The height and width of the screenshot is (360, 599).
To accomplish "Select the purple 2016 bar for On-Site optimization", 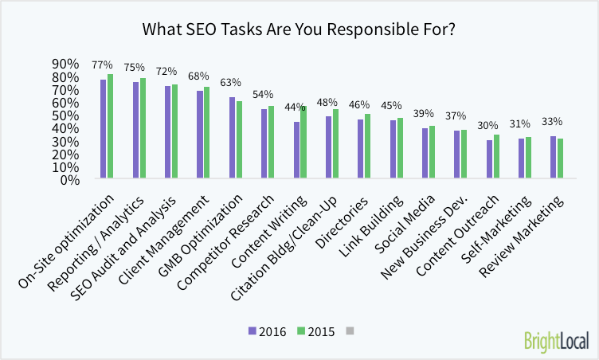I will (x=104, y=129).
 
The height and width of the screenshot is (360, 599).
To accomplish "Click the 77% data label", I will (x=102, y=65).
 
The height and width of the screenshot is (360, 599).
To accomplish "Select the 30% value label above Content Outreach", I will (x=487, y=125).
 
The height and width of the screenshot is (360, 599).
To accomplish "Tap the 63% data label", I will (x=230, y=82).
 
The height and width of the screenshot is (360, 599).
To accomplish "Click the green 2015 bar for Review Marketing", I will (x=561, y=158).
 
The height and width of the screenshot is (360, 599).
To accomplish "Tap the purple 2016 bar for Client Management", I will (x=200, y=135).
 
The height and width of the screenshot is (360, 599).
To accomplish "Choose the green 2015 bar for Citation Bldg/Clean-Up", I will (x=335, y=144).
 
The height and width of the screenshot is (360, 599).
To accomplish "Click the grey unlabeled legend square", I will (x=349, y=330).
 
